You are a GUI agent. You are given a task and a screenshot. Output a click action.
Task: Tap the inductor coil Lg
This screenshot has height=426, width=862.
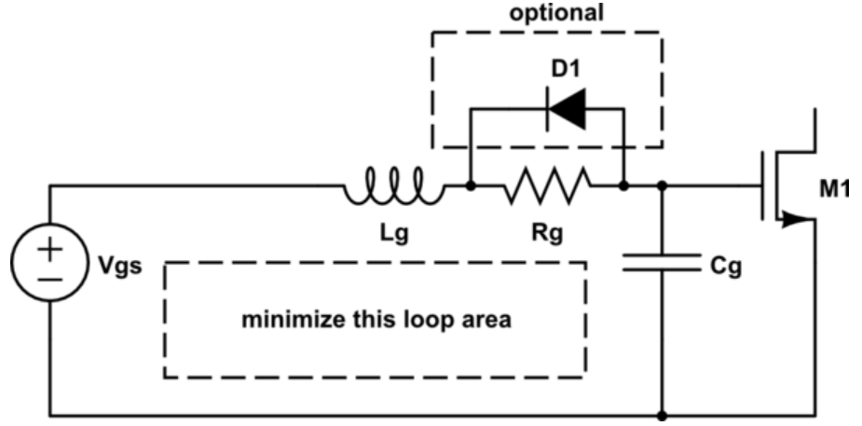point(392,186)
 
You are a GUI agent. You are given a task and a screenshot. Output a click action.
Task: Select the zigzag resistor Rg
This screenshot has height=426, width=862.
point(547,186)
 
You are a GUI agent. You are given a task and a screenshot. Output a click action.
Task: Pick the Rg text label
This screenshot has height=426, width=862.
point(547,235)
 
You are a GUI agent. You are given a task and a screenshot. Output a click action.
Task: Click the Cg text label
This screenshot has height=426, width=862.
point(723,267)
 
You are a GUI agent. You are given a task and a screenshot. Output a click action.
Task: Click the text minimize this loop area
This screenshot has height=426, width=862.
point(376,320)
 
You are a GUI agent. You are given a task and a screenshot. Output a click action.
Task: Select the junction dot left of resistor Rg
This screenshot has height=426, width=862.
point(471,186)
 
